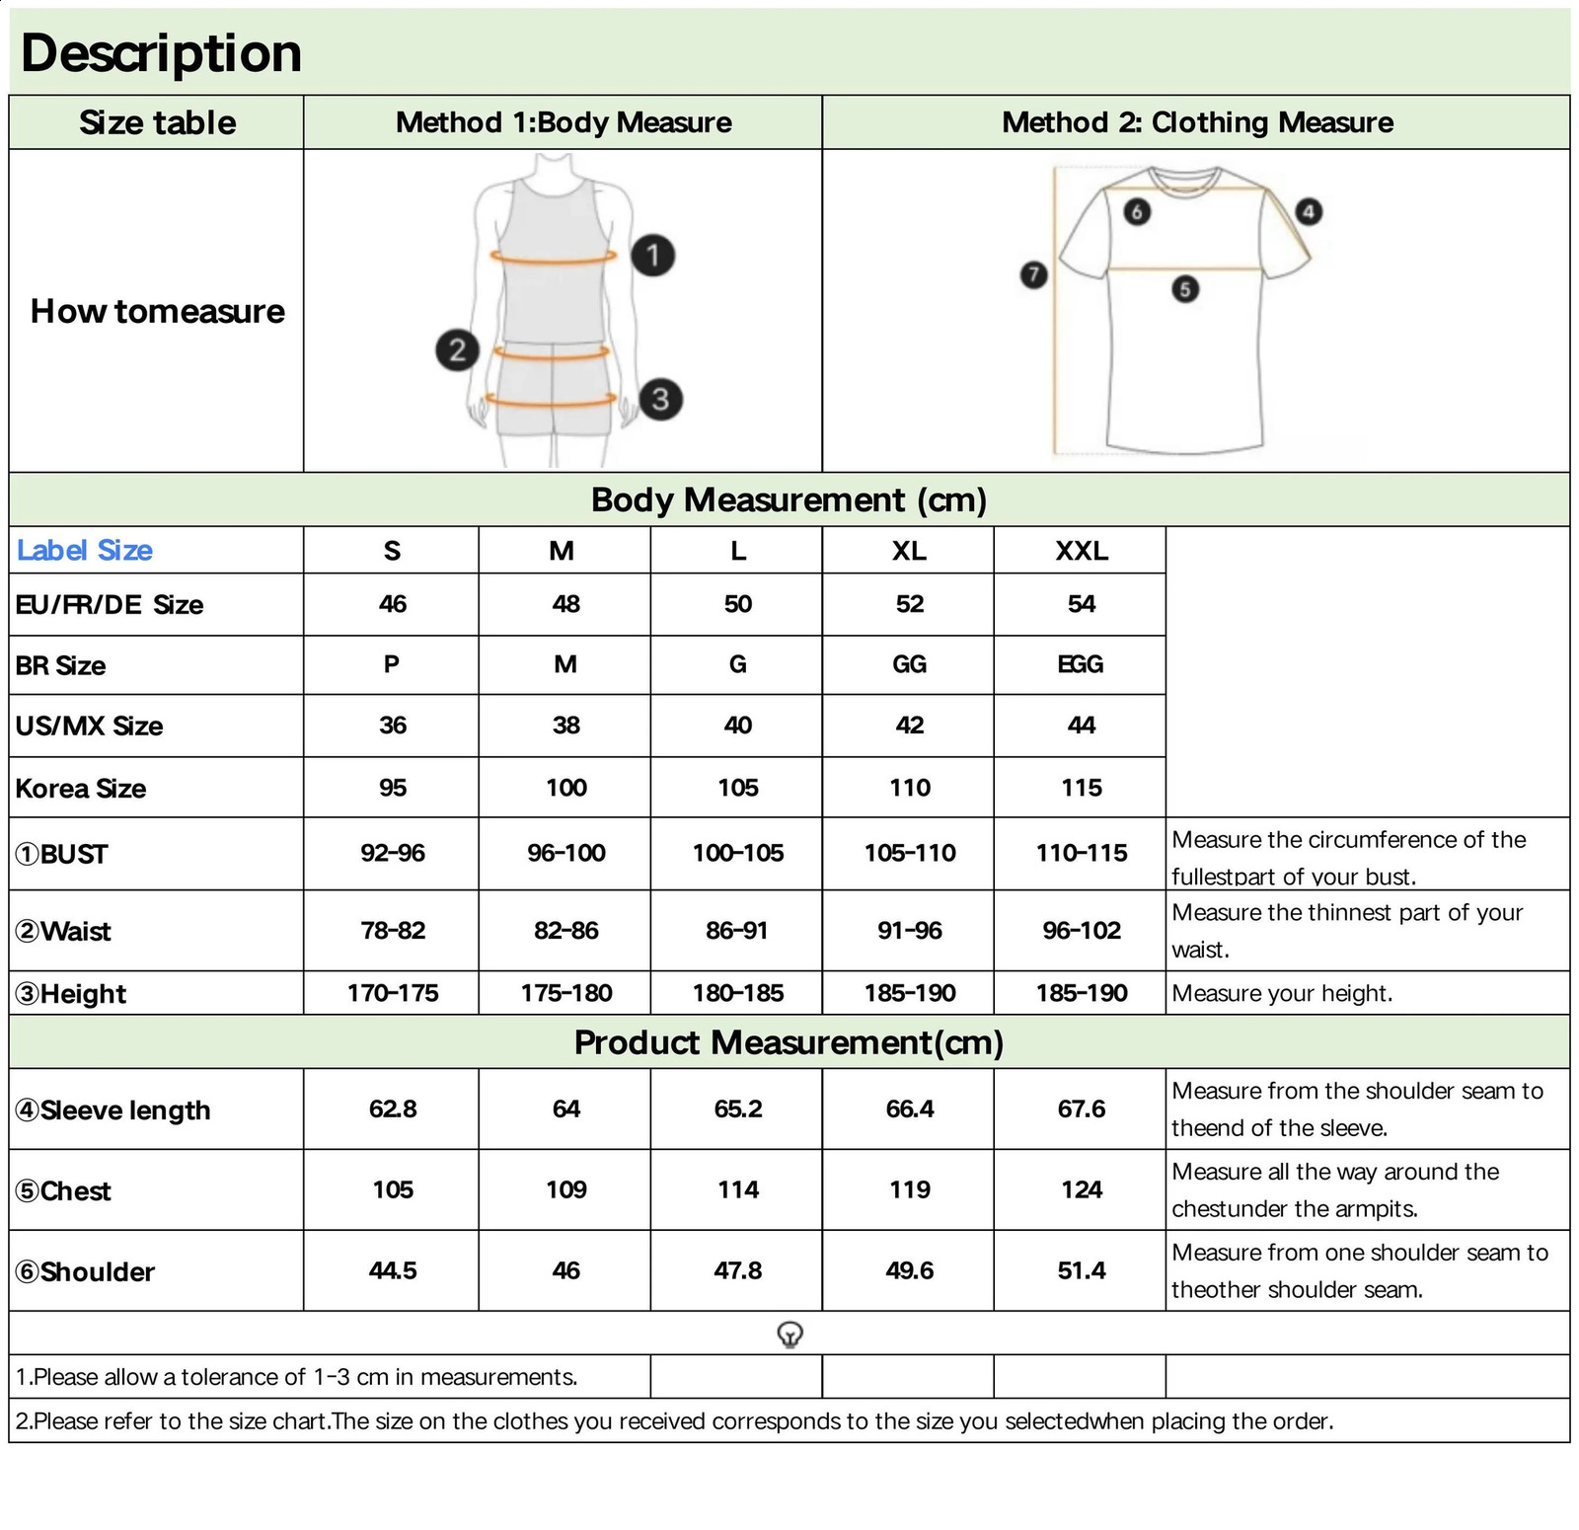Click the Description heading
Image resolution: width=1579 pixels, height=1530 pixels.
(161, 53)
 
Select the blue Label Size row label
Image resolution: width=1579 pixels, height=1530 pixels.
(85, 551)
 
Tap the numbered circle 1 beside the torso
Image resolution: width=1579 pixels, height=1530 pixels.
(652, 256)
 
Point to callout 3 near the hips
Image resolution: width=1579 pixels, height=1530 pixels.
(660, 399)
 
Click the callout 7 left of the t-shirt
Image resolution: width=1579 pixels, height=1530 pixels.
(1033, 274)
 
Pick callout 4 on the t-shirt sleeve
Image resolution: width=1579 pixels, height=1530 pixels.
(1308, 211)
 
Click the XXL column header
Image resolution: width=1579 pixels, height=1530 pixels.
(1081, 551)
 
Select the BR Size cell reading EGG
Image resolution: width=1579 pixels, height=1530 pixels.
(1081, 664)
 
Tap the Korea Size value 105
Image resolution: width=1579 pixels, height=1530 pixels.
(737, 788)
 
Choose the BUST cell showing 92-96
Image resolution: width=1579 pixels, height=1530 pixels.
(392, 853)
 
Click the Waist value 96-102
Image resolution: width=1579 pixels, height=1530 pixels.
(1081, 930)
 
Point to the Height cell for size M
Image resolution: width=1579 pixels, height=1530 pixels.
(565, 993)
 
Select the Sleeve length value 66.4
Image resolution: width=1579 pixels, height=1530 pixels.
(909, 1109)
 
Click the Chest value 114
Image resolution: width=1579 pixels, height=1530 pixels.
(737, 1189)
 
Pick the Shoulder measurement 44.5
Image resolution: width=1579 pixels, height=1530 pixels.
(392, 1270)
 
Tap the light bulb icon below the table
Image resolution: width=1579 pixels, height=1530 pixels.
(789, 1335)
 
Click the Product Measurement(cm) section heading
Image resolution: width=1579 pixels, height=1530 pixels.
(789, 1042)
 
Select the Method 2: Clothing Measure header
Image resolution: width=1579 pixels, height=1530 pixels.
(1197, 122)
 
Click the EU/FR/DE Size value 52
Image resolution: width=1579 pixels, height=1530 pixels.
(909, 604)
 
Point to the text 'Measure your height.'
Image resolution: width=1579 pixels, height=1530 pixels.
(1282, 993)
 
